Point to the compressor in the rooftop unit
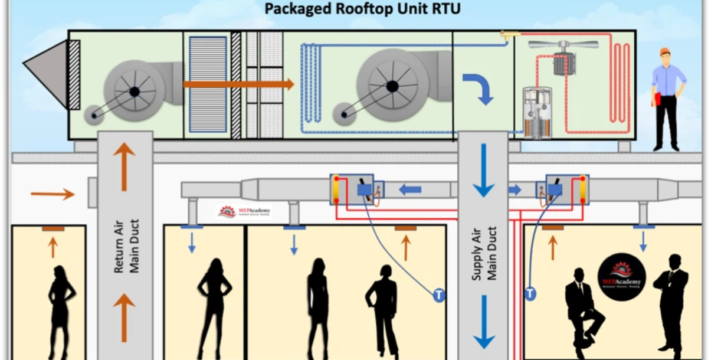click(537, 112)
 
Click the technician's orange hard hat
click(665, 51)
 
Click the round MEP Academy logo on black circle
click(621, 276)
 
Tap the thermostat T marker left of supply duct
click(438, 294)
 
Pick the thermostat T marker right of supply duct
click(530, 292)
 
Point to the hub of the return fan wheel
click(135, 91)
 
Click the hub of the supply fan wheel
click(392, 87)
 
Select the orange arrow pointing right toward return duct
click(53, 193)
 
